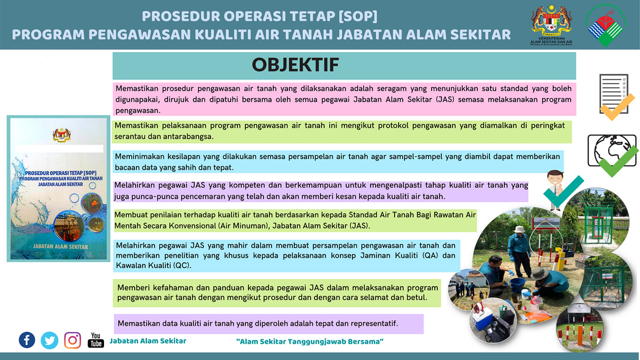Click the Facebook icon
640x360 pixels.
click(x=27, y=340)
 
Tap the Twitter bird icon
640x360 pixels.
click(x=49, y=340)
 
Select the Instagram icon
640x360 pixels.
click(x=72, y=340)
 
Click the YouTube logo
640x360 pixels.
click(x=96, y=340)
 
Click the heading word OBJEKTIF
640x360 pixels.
click(x=296, y=64)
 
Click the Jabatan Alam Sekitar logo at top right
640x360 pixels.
click(x=605, y=26)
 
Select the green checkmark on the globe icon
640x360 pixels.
click(x=619, y=161)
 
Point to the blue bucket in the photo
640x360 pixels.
click(x=517, y=285)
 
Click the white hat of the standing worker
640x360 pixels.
click(x=519, y=229)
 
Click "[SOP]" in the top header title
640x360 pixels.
click(x=358, y=16)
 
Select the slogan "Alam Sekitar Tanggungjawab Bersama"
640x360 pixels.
click(x=310, y=341)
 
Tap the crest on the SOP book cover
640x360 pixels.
click(x=62, y=135)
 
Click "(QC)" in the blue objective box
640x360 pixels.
click(x=182, y=265)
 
